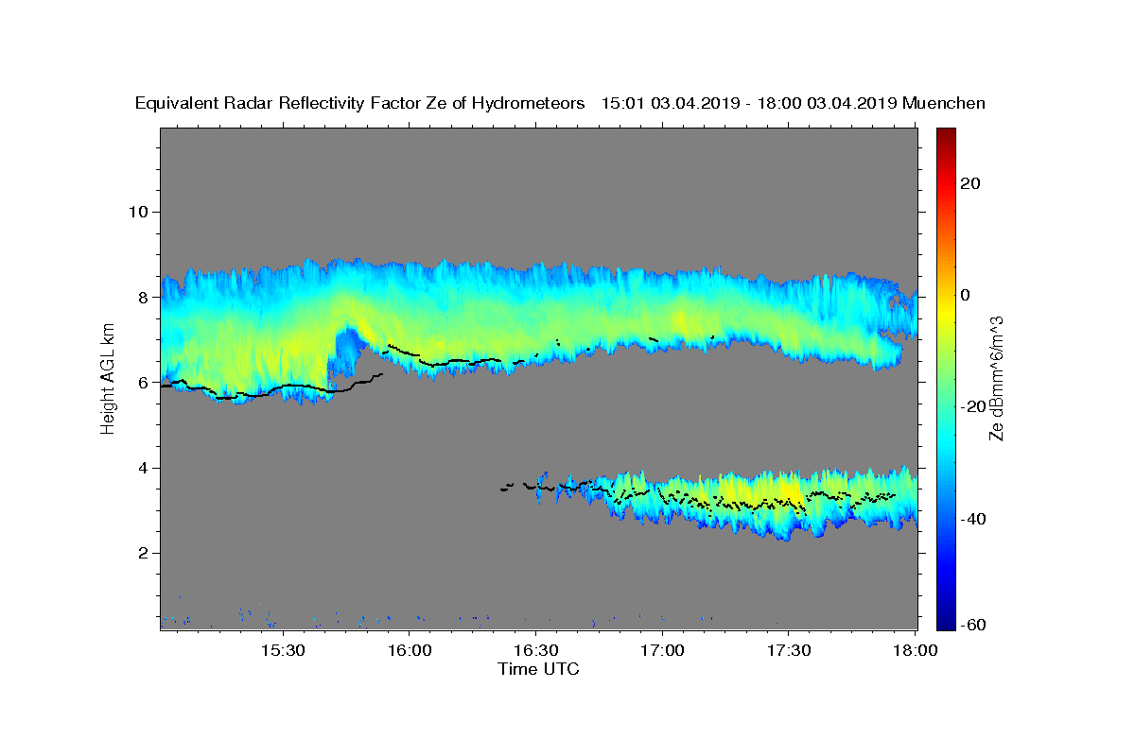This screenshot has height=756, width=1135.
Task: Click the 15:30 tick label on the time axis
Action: [284, 651]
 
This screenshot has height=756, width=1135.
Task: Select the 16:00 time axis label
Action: [410, 651]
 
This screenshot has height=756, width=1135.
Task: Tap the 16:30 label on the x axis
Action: [535, 651]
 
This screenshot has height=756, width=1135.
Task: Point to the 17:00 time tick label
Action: [662, 651]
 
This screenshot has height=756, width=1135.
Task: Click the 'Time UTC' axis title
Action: [538, 669]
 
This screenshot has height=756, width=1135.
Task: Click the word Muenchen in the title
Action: [944, 103]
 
